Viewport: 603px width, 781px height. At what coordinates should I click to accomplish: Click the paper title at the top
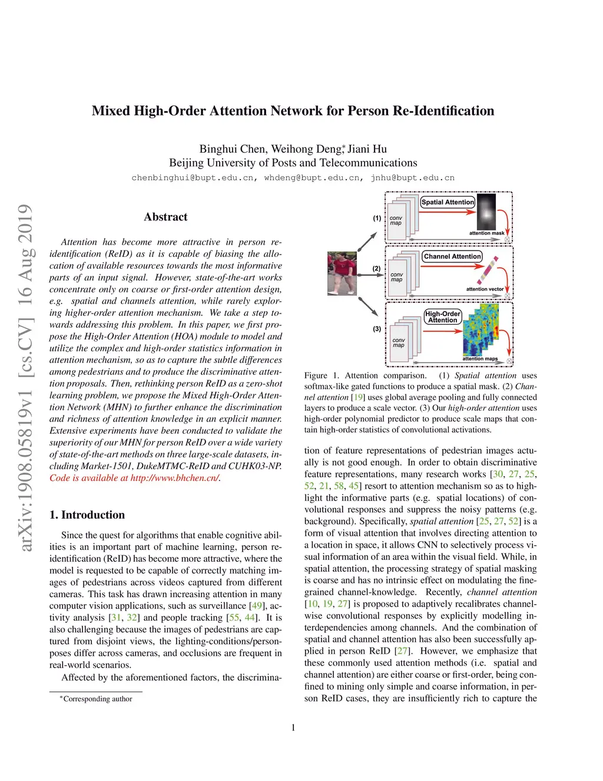293,111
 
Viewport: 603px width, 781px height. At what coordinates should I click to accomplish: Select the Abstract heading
165,217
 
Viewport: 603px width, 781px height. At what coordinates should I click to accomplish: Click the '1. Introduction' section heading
87,515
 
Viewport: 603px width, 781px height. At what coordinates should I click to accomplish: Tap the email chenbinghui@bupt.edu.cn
193,177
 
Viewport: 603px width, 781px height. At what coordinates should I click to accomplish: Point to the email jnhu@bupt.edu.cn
412,177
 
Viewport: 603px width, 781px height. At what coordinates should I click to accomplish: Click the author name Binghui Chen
228,149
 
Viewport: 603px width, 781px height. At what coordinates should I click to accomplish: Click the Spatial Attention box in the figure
448,202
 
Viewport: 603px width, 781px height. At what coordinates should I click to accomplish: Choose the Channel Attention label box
452,256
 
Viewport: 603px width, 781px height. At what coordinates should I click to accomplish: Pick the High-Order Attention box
443,317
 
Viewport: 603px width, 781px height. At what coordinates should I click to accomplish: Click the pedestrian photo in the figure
342,273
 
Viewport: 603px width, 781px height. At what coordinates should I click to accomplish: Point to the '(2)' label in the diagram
376,268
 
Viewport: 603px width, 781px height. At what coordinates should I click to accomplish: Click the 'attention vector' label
485,289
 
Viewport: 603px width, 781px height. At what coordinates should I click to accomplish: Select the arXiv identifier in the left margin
25,377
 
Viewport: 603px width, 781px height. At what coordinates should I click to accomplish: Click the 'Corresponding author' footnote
97,698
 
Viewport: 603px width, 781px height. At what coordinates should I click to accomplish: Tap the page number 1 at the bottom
293,727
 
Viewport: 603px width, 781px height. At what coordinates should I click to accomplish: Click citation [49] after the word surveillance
257,605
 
